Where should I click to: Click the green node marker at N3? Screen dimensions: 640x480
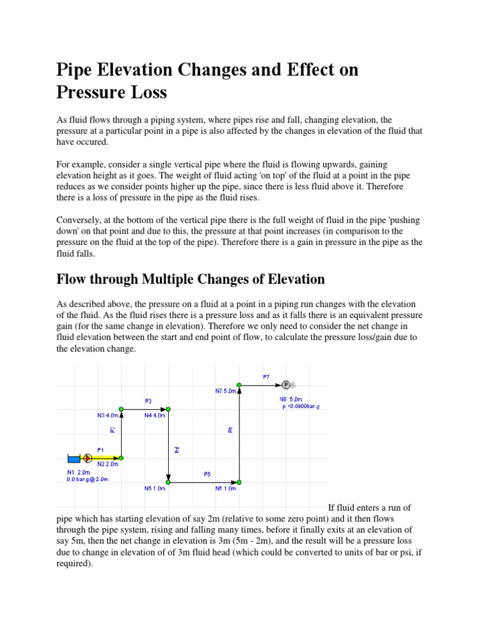[x=121, y=409]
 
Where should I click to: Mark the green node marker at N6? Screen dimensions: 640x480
[x=239, y=482]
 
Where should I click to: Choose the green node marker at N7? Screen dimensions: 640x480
[x=239, y=385]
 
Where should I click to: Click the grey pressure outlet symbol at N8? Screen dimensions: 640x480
[x=286, y=385]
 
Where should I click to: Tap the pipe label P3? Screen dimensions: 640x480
[x=148, y=401]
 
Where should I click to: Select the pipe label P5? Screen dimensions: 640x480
[x=207, y=474]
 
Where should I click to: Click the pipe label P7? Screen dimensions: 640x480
[x=266, y=377]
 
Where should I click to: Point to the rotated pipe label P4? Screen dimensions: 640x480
[x=176, y=449]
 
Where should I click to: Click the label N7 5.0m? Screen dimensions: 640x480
[x=226, y=391]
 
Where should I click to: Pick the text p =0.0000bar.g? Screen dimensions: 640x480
[x=305, y=406]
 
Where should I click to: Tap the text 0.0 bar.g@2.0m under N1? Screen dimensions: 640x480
[x=87, y=479]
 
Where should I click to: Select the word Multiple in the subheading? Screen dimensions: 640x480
[x=181, y=279]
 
